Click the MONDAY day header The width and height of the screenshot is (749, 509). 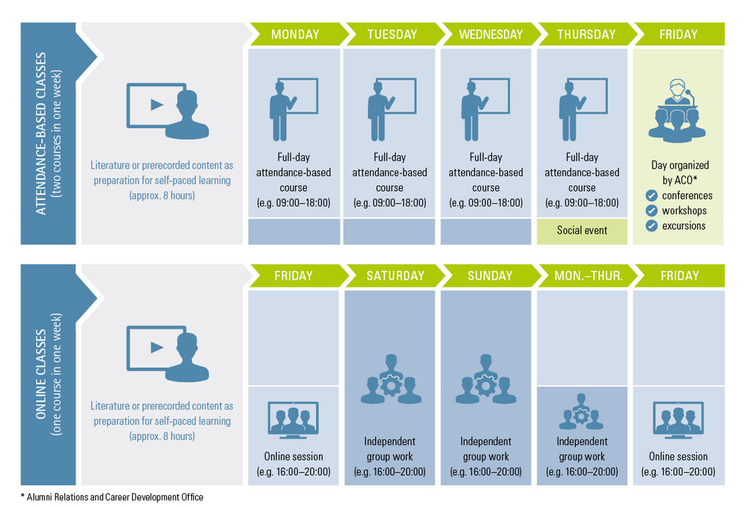295,34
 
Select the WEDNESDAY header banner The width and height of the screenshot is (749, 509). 491,34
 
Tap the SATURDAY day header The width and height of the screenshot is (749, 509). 395,276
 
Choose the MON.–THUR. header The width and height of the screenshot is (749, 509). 588,276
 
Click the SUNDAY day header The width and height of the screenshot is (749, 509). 490,276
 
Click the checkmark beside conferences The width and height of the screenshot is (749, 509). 652,196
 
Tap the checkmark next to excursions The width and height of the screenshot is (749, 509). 652,226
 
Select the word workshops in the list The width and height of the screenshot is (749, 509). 684,211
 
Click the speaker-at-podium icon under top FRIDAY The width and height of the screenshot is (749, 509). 677,111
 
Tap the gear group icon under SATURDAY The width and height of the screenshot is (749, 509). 391,379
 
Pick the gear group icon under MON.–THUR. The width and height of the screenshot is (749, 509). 581,411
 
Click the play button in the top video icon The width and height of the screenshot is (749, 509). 157,105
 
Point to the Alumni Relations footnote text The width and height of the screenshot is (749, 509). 112,497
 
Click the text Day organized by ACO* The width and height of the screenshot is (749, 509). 680,172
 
